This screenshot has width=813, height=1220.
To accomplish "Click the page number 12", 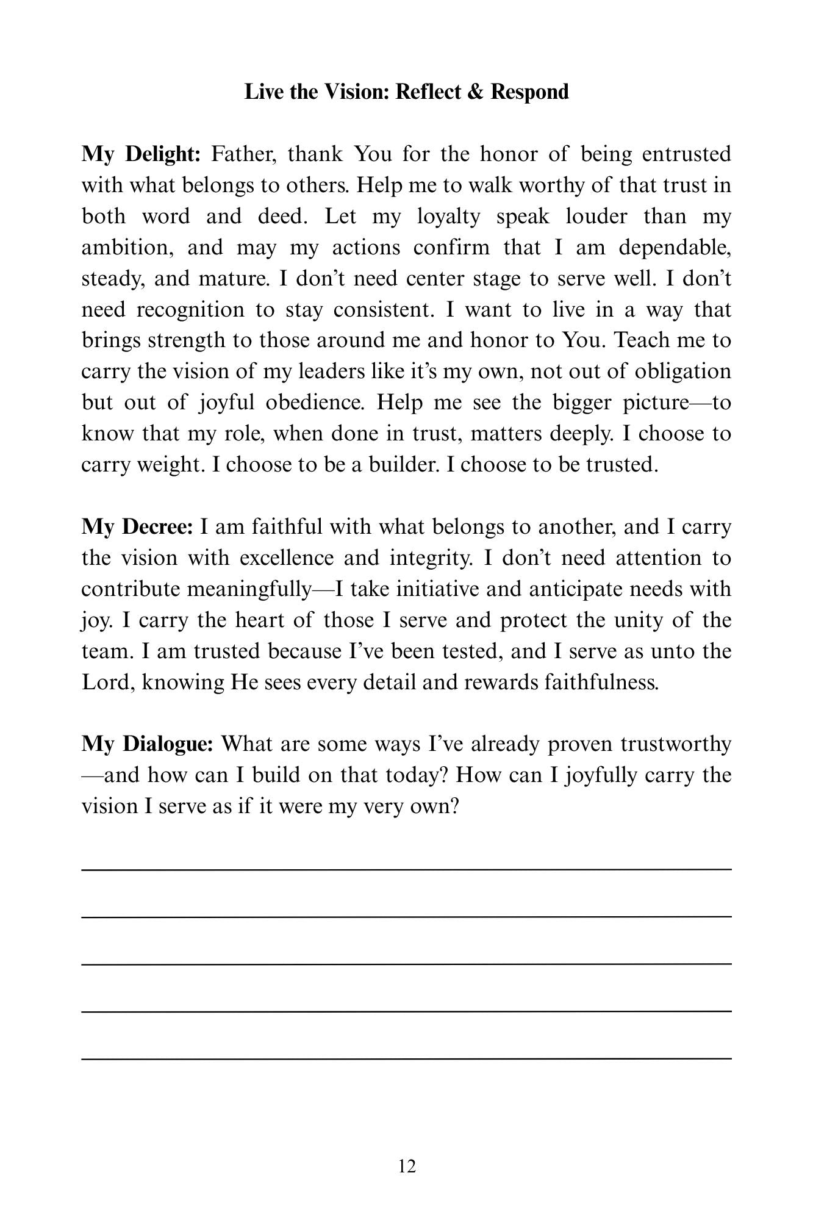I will (x=407, y=1166).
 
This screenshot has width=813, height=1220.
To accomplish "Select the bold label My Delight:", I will (x=141, y=154).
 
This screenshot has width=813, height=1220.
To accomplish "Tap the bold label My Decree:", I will (x=137, y=527).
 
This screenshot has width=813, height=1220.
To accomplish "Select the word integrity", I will (x=423, y=558).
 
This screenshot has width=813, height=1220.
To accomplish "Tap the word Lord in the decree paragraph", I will (x=107, y=682).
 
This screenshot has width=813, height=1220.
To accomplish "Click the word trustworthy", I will (x=675, y=744).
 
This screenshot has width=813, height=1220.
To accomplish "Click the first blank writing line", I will (x=407, y=869).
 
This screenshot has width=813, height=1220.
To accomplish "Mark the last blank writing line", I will (x=407, y=1058).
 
